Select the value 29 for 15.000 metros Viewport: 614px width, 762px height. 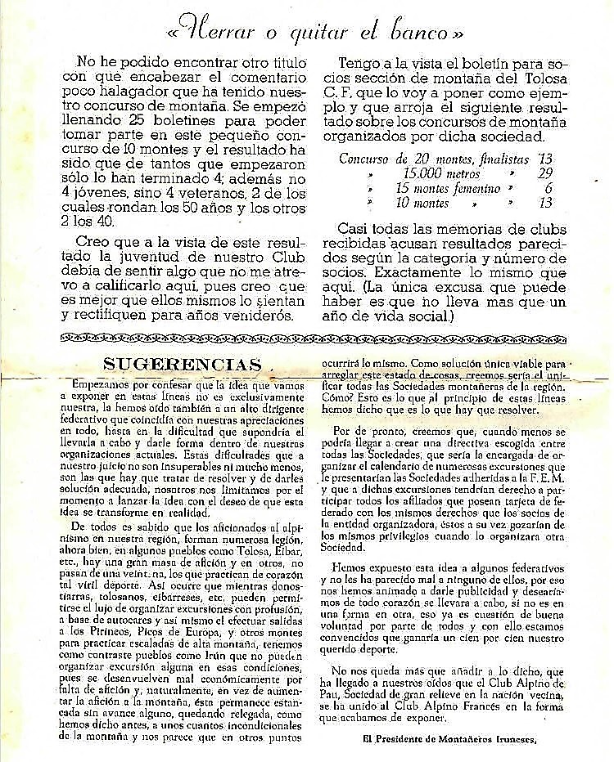click(540, 174)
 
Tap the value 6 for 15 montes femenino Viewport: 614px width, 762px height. click(546, 189)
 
